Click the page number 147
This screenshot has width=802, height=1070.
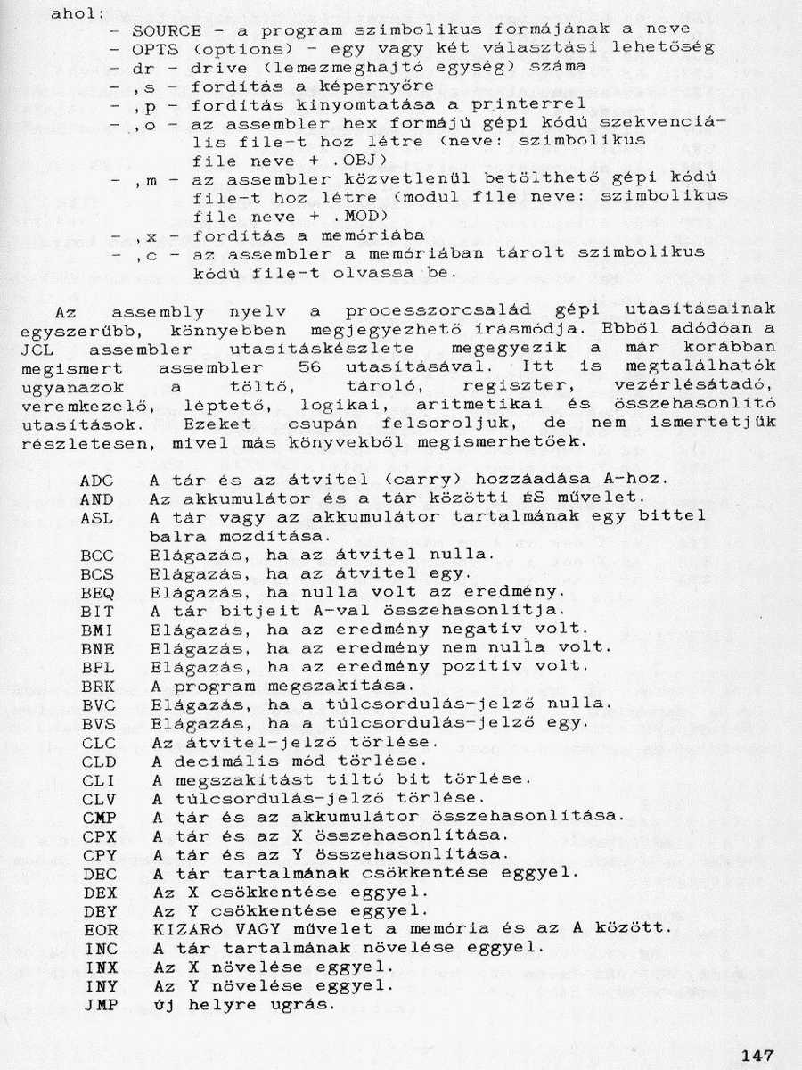pyautogui.click(x=757, y=1055)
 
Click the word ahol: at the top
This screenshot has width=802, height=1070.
pyautogui.click(x=74, y=12)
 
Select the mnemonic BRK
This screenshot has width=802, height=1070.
pyautogui.click(x=97, y=685)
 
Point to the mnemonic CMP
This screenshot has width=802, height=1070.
pyautogui.click(x=100, y=816)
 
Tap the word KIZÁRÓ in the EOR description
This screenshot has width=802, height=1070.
pyautogui.click(x=184, y=929)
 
